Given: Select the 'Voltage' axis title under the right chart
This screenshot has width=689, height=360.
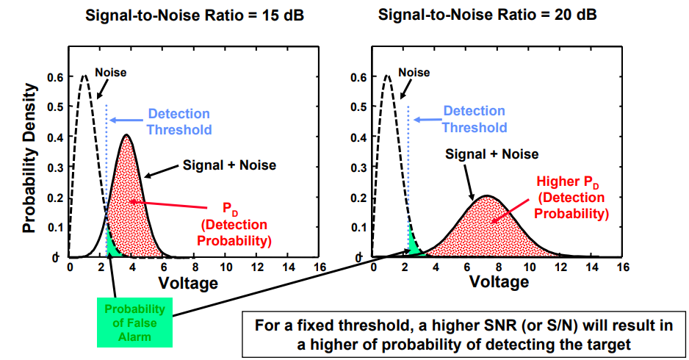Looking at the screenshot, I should (x=499, y=283).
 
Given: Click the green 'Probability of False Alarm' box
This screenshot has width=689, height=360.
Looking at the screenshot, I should (x=135, y=322).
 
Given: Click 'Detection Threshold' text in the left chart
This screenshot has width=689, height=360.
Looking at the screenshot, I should (x=179, y=122).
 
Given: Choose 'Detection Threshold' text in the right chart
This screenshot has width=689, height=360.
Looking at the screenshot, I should (x=475, y=119).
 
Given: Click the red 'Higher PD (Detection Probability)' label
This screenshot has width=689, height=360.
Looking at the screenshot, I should (x=571, y=197).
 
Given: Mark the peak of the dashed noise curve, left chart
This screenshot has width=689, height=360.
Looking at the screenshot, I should (x=84, y=75).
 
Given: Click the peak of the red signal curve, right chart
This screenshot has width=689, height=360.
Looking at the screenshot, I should (x=486, y=196).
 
